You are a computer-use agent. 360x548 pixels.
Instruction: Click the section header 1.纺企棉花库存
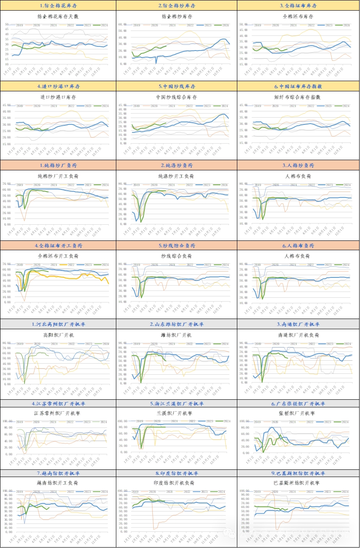[x=58, y=6]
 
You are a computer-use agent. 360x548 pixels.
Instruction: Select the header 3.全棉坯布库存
[x=298, y=6]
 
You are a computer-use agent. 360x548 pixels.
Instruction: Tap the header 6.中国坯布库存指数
[x=298, y=86]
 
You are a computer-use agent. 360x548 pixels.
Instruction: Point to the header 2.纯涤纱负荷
[x=177, y=165]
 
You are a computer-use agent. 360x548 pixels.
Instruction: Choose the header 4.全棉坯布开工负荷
[x=58, y=246]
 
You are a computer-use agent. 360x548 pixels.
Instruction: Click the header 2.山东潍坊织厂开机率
[x=177, y=324]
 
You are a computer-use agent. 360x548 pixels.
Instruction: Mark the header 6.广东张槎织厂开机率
[x=298, y=404]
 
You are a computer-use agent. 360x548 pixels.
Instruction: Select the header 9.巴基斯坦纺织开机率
[x=298, y=473]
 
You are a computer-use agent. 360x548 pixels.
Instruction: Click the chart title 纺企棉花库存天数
[x=58, y=17]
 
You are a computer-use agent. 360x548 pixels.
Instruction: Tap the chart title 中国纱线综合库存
[x=177, y=97]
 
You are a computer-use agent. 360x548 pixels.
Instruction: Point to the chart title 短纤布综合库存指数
[x=298, y=97]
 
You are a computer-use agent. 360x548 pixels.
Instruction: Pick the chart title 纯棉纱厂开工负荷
[x=58, y=176]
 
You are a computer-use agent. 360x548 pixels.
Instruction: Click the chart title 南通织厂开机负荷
[x=298, y=335]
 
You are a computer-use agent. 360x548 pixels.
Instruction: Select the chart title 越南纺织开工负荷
[x=58, y=483]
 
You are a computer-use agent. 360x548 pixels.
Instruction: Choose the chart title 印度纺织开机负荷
[x=177, y=483]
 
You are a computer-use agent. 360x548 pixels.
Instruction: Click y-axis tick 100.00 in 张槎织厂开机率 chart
[x=244, y=421]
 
